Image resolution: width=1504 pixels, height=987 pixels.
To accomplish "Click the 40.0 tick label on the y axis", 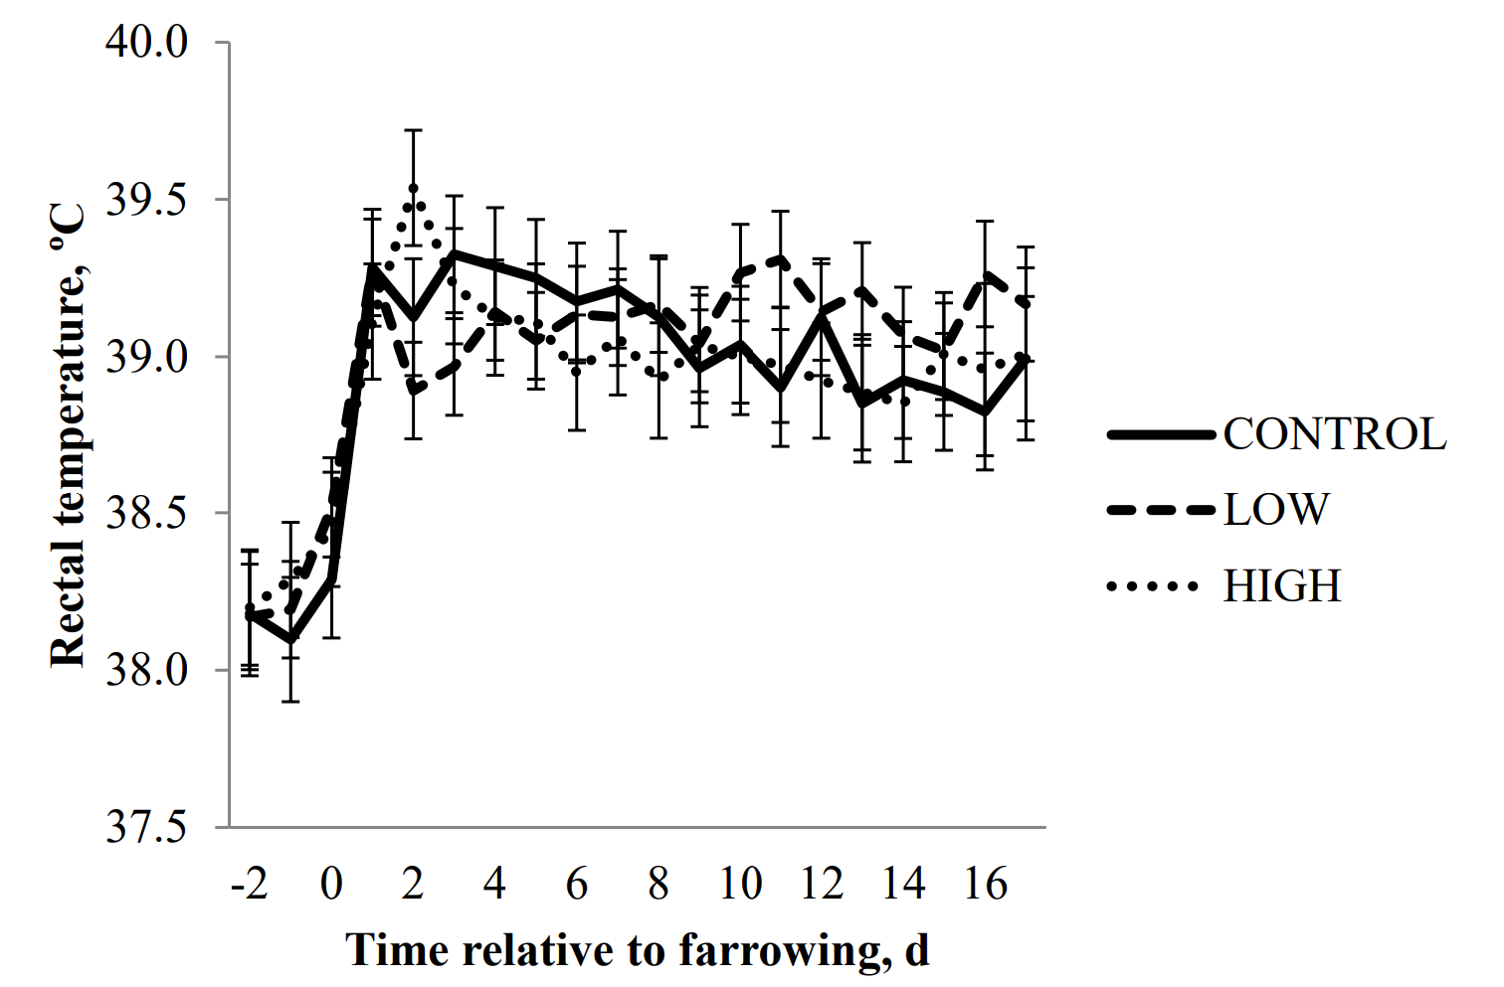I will point(146,43).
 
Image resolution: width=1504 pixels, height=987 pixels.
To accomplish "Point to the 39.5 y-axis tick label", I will point(146,200).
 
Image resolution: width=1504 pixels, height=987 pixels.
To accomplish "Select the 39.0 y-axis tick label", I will point(146,357).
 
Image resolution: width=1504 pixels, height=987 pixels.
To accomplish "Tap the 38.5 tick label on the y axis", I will point(146,514).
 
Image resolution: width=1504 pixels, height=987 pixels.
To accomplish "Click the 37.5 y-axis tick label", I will point(146,827).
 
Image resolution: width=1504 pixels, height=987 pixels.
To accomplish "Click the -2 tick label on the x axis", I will point(249,884).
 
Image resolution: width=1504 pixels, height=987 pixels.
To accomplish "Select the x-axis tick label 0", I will point(331,884).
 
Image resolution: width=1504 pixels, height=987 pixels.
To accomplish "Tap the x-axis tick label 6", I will point(577,884).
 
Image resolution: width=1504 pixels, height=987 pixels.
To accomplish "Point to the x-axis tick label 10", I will point(740,884).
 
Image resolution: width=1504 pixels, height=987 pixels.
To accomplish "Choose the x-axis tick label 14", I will point(903,884).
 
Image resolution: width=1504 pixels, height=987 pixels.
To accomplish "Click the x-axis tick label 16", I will point(985,884).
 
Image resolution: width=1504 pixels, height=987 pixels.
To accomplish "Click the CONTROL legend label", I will point(1335,434).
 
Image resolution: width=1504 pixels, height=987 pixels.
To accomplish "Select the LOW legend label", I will point(1276,510).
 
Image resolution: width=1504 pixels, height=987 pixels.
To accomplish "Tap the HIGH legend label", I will point(1282,586).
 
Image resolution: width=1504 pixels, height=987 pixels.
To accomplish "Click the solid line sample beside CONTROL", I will point(1161,434).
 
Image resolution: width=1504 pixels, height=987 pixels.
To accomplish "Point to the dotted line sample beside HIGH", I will point(1154,586).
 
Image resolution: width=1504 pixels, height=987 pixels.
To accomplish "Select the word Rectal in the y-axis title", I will point(68,614).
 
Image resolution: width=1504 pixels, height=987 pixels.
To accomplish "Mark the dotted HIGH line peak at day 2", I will point(414,188).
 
